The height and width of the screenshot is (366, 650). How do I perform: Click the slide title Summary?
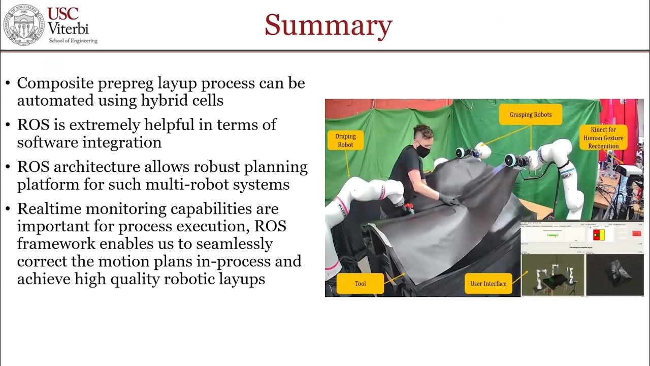[x=328, y=25]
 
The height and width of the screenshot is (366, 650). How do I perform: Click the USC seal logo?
[x=23, y=24]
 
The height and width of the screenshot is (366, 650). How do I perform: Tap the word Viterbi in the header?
[x=68, y=28]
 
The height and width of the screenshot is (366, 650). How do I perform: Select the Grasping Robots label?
[x=531, y=115]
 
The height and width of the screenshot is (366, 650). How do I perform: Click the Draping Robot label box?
[x=345, y=140]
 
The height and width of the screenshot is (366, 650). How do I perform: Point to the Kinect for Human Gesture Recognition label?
[x=603, y=138]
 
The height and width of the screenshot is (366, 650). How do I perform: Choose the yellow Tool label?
[x=360, y=283]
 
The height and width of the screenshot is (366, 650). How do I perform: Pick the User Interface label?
[x=488, y=283]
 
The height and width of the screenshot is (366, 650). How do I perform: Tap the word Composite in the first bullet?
[x=51, y=83]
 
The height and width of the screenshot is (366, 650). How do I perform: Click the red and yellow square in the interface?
[x=596, y=235]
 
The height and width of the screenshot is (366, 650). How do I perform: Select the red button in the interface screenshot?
[x=636, y=233]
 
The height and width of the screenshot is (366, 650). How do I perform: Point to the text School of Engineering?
[x=73, y=41]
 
